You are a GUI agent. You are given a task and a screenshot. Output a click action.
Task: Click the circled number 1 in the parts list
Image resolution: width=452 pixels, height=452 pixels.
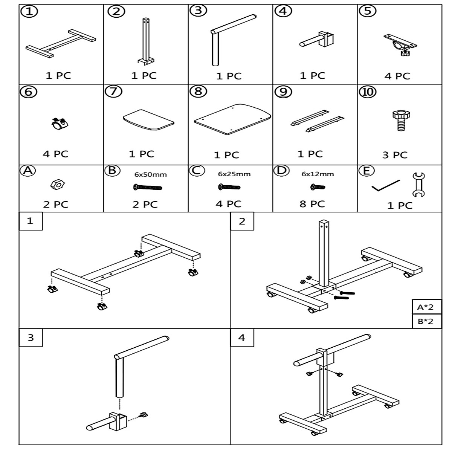(31, 12)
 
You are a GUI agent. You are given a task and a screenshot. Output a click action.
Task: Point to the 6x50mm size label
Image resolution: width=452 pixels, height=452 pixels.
(151, 174)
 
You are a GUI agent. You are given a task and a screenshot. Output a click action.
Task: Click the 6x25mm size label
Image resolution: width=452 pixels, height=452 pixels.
(234, 174)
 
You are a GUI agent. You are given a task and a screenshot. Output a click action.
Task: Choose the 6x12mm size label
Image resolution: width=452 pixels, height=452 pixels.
(318, 174)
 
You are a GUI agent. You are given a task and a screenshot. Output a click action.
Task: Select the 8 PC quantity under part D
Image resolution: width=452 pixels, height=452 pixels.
(312, 204)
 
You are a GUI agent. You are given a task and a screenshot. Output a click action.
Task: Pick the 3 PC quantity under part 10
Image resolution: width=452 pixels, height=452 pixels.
(395, 155)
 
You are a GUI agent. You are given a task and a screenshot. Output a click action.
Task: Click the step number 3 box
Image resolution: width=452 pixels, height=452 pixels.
(31, 337)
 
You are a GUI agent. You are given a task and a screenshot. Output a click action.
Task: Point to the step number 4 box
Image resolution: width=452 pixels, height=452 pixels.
(242, 337)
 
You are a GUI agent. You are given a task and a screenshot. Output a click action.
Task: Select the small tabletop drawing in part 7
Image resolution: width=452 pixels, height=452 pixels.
(148, 120)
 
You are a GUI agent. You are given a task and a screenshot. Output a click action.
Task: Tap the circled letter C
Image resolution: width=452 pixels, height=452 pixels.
(196, 171)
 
